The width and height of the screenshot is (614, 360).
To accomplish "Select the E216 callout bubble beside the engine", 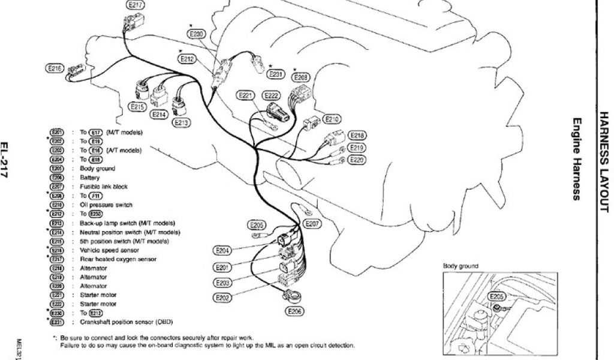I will (x=55, y=69).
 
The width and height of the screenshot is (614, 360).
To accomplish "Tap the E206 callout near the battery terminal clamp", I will (x=294, y=311).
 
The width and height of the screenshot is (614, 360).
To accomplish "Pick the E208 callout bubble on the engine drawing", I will (x=302, y=77).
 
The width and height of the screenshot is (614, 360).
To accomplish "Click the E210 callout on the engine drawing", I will (x=332, y=119).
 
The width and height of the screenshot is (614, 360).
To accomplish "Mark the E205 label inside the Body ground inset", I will (x=496, y=296).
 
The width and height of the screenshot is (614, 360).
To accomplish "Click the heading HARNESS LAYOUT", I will (x=603, y=162).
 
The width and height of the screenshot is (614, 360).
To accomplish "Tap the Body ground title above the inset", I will (x=460, y=265).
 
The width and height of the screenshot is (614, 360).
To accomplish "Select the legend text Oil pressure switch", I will (x=106, y=205).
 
